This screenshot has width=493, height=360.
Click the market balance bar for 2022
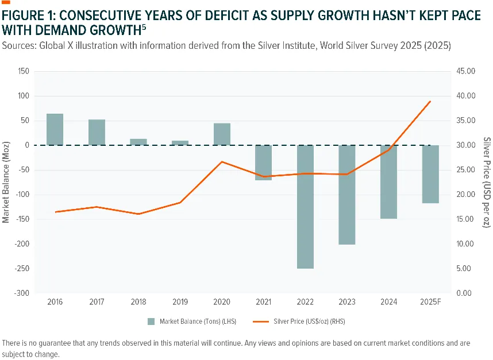click(305, 207)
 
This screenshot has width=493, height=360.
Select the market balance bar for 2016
click(55, 129)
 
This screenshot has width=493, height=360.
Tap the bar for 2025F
click(430, 174)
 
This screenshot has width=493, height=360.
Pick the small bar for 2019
click(180, 143)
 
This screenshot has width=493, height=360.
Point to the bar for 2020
click(222, 134)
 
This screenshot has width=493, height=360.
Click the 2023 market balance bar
click(347, 195)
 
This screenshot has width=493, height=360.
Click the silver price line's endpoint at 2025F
click(430, 101)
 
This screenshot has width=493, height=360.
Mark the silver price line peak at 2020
click(222, 162)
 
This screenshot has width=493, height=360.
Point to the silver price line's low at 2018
click(138, 214)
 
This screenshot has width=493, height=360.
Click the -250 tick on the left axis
click(22, 269)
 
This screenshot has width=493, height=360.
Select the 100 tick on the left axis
click(24, 96)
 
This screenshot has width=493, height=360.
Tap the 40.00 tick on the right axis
click(466, 96)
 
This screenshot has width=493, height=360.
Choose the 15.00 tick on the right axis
click(465, 219)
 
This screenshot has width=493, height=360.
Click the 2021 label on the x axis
click(264, 302)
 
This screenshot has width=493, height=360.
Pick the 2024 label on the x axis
click(388, 302)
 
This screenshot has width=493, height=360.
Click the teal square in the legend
click(151, 322)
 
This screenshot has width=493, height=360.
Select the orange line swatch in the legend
click(261, 322)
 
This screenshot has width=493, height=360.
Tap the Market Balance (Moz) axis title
click(6, 182)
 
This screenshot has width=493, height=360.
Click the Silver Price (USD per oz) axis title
click(487, 182)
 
